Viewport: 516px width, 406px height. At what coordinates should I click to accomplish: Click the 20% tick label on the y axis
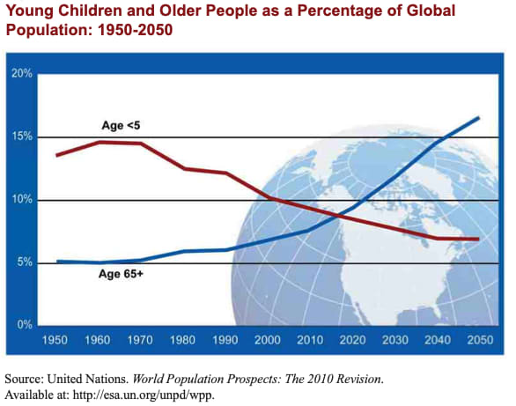[x=22, y=73]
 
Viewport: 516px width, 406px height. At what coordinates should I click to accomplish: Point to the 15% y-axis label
[x=22, y=137]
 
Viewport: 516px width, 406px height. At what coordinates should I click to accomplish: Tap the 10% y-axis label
[x=22, y=199]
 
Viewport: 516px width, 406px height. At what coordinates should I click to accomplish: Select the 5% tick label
[x=25, y=262]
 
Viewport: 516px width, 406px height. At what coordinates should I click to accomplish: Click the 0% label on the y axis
[x=25, y=325]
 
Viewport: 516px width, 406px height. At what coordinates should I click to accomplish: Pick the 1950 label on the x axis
[x=55, y=340]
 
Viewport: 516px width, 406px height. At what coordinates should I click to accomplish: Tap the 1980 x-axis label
[x=182, y=340]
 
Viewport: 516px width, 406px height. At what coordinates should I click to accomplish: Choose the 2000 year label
[x=268, y=340]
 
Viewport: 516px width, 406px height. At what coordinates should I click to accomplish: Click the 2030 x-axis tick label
[x=395, y=340]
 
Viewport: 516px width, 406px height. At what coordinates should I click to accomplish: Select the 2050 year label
[x=480, y=340]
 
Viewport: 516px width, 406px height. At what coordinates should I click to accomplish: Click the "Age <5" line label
[x=121, y=125]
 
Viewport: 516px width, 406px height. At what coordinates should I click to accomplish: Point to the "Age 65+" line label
[x=121, y=274]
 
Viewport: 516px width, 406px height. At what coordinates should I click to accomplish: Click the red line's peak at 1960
[x=99, y=142]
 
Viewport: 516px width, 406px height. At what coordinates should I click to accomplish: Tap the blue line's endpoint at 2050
[x=478, y=118]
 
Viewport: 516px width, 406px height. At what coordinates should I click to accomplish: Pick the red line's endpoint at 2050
[x=478, y=239]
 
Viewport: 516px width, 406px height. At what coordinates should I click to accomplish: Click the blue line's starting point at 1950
[x=57, y=262]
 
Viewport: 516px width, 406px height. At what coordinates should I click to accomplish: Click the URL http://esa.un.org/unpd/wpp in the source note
[x=143, y=395]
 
